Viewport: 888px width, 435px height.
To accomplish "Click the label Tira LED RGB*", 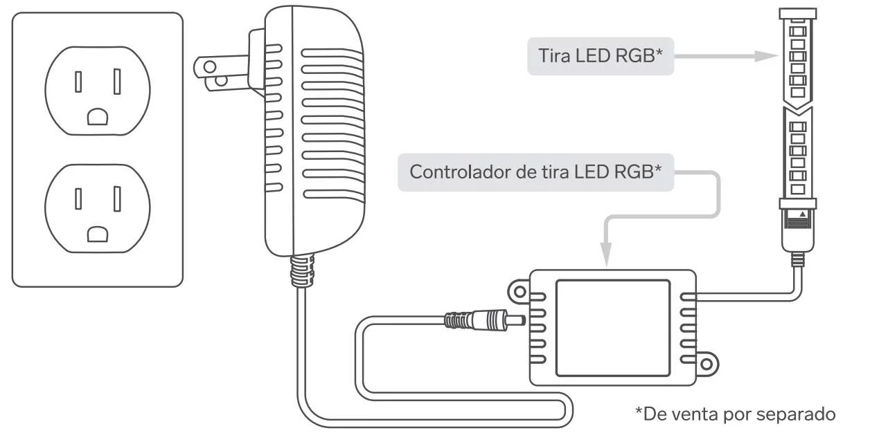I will pyautogui.click(x=600, y=56).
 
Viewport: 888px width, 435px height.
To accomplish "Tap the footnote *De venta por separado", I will pyautogui.click(x=736, y=414).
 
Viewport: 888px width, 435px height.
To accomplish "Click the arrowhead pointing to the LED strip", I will pyautogui.click(x=765, y=56).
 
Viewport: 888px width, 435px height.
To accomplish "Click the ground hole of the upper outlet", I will pyautogui.click(x=98, y=116).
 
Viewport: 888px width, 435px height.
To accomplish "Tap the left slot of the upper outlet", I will pyautogui.click(x=79, y=82).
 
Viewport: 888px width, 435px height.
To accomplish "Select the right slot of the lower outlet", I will pyautogui.click(x=117, y=199).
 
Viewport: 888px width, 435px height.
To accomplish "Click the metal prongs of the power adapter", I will pyautogui.click(x=215, y=73).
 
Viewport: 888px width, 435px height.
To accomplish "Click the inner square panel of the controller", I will pyautogui.click(x=613, y=327).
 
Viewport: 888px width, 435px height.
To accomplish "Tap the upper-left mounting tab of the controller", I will pyautogui.click(x=517, y=290).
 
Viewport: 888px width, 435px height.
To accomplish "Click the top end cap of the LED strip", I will pyautogui.click(x=797, y=13).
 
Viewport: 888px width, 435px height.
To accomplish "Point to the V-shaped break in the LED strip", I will pyautogui.click(x=797, y=111).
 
